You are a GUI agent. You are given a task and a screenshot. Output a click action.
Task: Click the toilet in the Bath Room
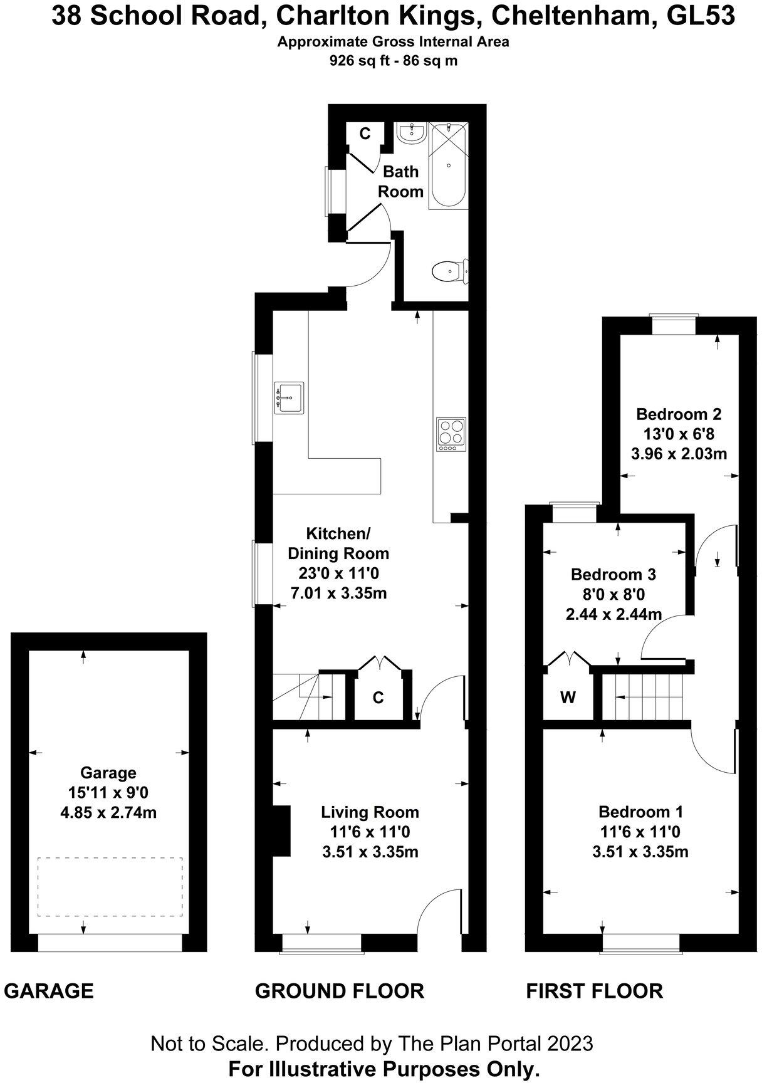(x=449, y=271)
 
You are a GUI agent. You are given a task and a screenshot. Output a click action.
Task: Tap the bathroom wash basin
(x=412, y=133)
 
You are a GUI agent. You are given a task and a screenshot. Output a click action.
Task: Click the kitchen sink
(x=288, y=397)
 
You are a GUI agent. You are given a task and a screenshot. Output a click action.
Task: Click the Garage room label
(x=108, y=773)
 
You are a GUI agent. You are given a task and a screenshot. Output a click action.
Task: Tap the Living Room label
(x=370, y=812)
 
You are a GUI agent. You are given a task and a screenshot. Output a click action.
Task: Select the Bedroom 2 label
(x=679, y=414)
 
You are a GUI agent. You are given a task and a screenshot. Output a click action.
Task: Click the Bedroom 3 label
(x=613, y=574)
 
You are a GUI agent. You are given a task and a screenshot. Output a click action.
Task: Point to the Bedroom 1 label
(x=640, y=812)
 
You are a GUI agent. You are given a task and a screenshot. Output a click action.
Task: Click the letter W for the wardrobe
(x=568, y=698)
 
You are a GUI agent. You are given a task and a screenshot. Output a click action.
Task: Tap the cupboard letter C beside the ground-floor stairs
(x=378, y=698)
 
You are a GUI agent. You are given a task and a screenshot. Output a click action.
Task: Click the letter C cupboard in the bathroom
(x=365, y=133)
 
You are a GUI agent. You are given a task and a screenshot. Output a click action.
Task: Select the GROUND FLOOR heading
(x=340, y=991)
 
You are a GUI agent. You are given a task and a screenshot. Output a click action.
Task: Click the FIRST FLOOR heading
(x=594, y=991)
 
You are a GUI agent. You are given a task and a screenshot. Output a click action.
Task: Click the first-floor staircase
(x=645, y=697)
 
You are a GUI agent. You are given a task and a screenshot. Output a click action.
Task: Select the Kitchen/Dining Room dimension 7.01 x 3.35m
(x=338, y=592)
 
